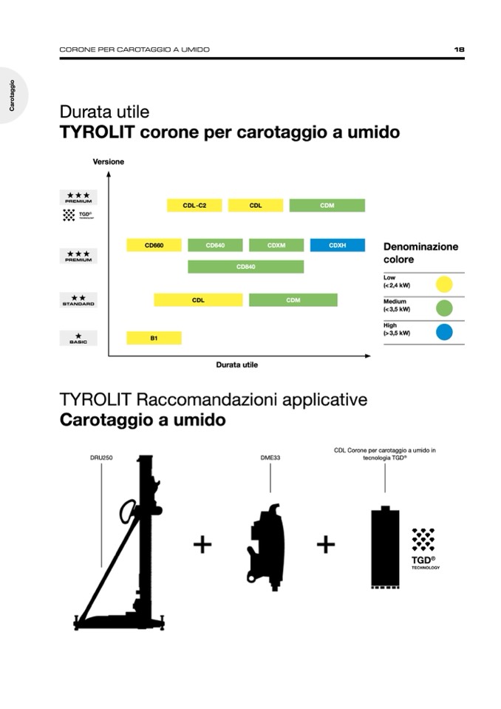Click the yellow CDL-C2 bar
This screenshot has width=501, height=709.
(x=194, y=206)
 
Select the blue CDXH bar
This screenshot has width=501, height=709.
(x=337, y=245)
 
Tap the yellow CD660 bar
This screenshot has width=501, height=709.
(x=154, y=245)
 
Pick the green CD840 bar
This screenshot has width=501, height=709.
(x=245, y=267)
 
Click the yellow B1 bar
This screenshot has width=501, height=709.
(x=154, y=338)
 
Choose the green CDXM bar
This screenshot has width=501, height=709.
(x=276, y=245)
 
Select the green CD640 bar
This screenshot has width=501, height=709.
(x=215, y=245)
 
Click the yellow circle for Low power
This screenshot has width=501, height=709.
(x=444, y=284)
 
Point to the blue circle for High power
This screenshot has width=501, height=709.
(x=444, y=332)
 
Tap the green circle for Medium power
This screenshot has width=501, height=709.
(x=444, y=308)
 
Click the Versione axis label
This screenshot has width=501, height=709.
(x=109, y=161)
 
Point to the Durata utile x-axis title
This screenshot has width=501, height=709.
(x=236, y=364)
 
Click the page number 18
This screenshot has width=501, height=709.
(x=459, y=50)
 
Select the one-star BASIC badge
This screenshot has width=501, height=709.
(x=78, y=338)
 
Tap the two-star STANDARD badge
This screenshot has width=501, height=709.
(x=78, y=299)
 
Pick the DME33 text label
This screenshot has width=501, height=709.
(x=270, y=458)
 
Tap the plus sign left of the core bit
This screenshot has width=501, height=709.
(x=326, y=545)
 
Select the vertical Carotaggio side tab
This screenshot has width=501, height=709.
(x=12, y=95)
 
